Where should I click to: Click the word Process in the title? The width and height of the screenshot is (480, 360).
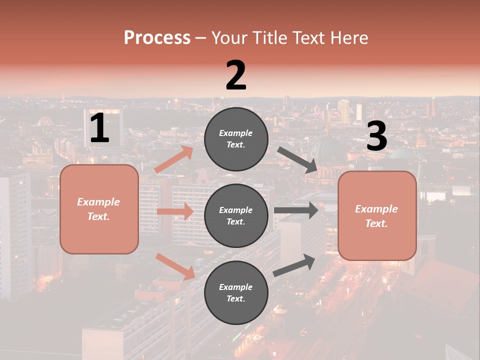(157, 38)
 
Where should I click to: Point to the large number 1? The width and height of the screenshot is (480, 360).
(99, 128)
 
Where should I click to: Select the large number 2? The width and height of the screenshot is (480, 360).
(236, 75)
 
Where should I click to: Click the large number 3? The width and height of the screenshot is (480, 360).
(376, 136)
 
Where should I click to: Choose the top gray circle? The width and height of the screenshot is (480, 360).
(236, 139)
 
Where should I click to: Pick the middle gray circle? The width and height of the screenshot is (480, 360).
(236, 215)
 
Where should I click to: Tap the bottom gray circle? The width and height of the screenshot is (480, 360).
(236, 292)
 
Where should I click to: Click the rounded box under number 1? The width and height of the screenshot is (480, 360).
(99, 209)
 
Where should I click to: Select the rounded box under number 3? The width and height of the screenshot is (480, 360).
(377, 216)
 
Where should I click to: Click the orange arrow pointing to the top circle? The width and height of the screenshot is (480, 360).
(174, 159)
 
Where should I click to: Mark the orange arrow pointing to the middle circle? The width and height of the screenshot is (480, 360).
(175, 211)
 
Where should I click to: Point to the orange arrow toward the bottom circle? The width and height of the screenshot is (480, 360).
(175, 266)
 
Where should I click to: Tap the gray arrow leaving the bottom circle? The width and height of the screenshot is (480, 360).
(294, 265)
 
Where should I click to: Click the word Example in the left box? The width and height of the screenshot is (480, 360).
(98, 202)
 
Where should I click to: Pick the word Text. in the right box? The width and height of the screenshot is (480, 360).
(376, 223)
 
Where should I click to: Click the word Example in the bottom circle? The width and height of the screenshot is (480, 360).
(236, 287)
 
